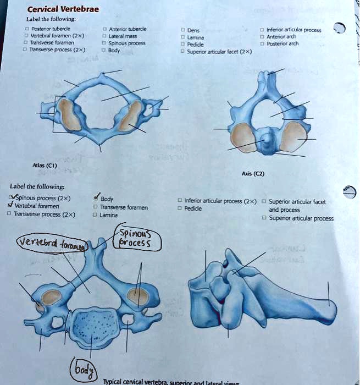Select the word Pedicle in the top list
coord(196,44)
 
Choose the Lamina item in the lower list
coord(109,215)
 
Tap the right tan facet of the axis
coord(292,136)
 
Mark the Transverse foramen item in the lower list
coord(124,207)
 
